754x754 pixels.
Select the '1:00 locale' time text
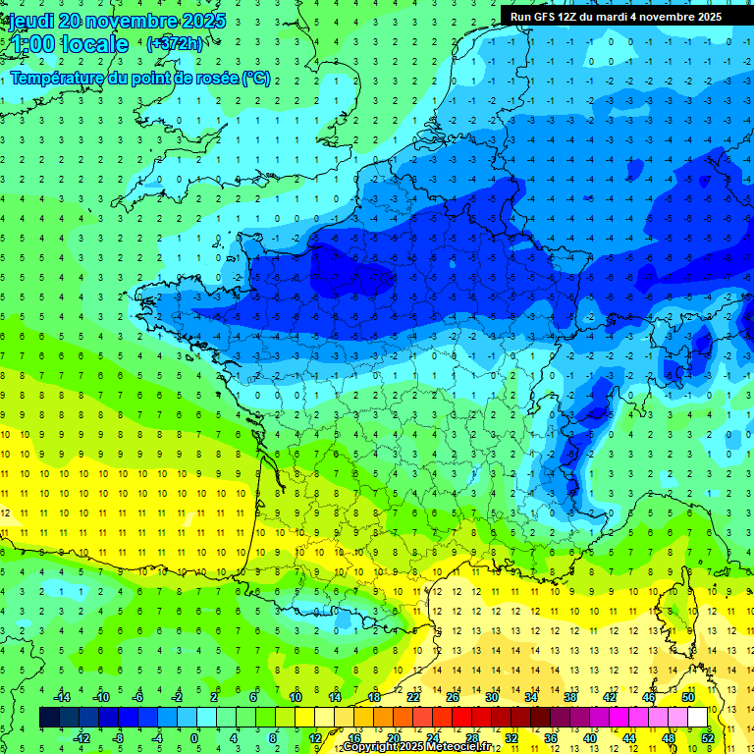click(x=69, y=44)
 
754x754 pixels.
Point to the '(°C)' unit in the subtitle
click(x=256, y=79)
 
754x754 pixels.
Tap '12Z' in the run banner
click(x=569, y=17)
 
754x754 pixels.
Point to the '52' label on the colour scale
click(x=708, y=738)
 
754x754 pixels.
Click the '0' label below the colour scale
click(x=193, y=738)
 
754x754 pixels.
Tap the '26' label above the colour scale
click(x=453, y=696)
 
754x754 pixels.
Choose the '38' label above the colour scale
click(x=569, y=696)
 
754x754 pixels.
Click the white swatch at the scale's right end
click(x=698, y=717)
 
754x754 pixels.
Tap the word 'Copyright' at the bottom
click(x=371, y=747)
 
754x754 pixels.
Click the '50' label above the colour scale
click(x=688, y=696)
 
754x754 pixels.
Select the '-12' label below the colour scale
click(x=81, y=738)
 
